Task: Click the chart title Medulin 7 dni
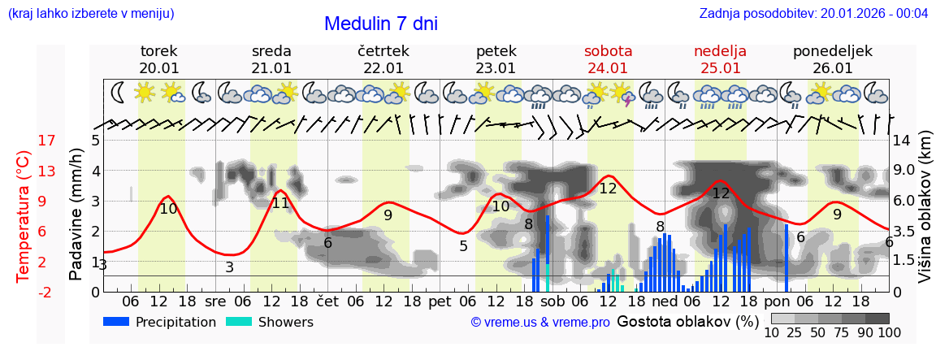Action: coord(380,24)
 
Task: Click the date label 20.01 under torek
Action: coord(159,68)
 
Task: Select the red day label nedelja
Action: coord(720,51)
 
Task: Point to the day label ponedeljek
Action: coord(833,51)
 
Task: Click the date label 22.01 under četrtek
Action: coord(383,68)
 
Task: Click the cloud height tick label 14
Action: coord(902,141)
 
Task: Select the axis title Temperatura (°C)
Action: coord(23,215)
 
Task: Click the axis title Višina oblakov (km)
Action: coord(925,215)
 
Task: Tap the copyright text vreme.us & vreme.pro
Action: coord(540,323)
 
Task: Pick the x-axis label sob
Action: coord(552,301)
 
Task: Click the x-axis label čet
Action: coord(327,301)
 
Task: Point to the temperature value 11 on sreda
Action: coord(280,203)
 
